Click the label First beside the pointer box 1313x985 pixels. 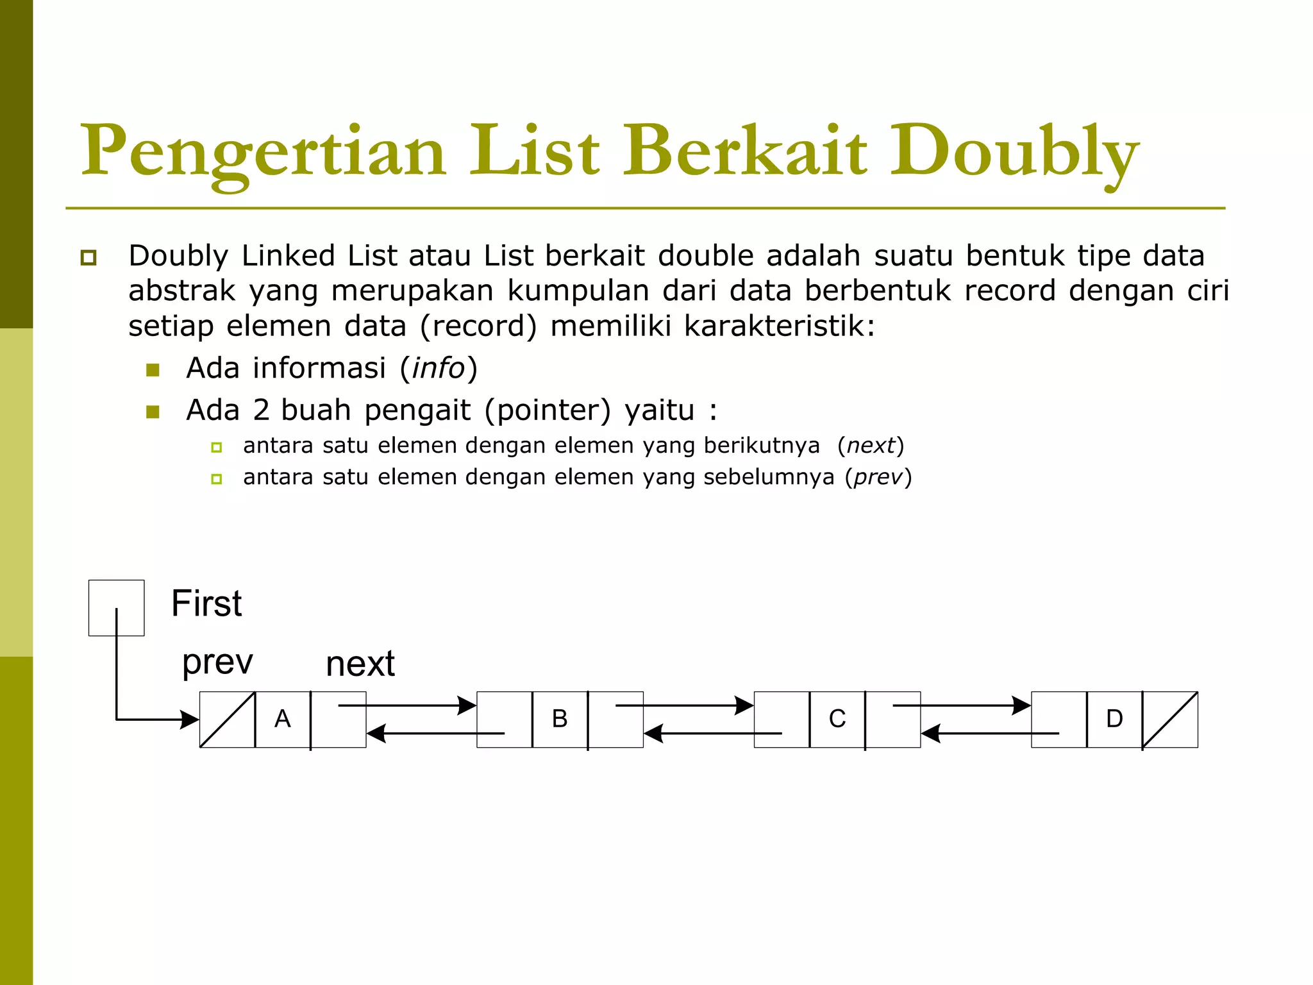(206, 603)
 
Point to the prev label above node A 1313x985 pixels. (217, 662)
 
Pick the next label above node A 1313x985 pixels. (360, 664)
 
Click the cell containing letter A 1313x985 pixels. (283, 719)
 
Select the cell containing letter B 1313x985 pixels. (560, 719)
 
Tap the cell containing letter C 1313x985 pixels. (837, 719)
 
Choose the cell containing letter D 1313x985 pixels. (1114, 719)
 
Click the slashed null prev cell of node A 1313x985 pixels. (228, 719)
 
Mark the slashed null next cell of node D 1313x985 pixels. (1170, 719)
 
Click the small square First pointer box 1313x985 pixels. (116, 607)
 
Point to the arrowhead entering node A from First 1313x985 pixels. (190, 720)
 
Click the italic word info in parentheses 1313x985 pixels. (439, 368)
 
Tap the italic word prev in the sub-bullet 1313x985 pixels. (878, 477)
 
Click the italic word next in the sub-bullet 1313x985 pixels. (870, 445)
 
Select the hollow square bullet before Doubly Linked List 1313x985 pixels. (88, 258)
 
